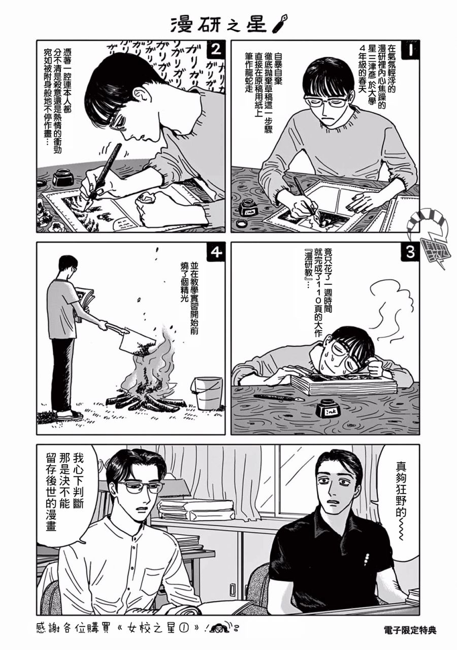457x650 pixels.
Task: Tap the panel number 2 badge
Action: [216, 50]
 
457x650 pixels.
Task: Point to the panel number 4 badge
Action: [216, 252]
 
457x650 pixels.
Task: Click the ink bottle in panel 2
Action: [62, 177]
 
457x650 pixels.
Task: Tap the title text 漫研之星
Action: [218, 24]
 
